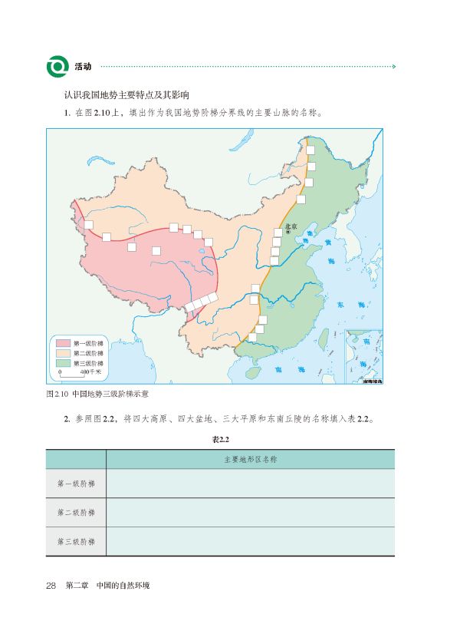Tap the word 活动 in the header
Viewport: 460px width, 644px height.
tap(84, 67)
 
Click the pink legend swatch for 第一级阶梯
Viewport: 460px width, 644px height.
tap(63, 343)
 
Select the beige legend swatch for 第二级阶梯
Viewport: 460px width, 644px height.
tap(63, 353)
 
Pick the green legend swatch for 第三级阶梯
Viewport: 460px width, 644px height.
tap(63, 363)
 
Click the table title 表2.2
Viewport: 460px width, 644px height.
tap(221, 439)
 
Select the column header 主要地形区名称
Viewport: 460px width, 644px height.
tap(250, 460)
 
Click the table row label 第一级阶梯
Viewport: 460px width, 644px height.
tap(76, 484)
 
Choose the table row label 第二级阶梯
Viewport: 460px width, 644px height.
tap(76, 513)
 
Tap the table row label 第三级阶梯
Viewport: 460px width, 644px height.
tap(76, 541)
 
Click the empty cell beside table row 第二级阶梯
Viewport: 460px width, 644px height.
tap(250, 513)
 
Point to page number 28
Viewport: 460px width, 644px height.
tap(52, 586)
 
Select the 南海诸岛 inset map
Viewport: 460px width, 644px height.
tap(363, 356)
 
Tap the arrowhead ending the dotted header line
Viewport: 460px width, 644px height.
tap(394, 67)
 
